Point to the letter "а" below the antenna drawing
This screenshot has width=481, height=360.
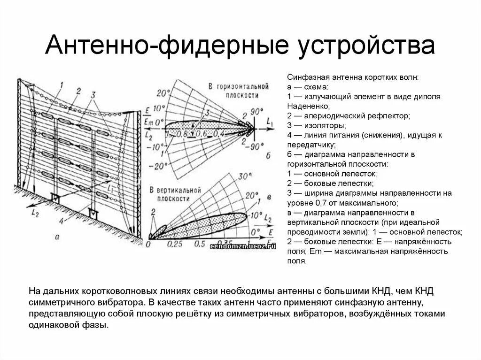(57, 237)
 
